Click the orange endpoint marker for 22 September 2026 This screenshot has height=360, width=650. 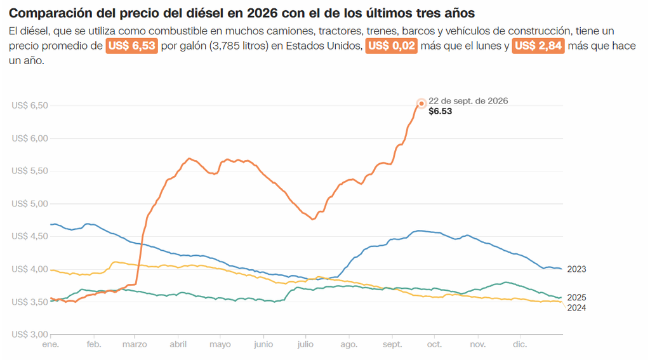coord(421,103)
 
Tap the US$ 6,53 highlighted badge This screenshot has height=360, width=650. coord(132,46)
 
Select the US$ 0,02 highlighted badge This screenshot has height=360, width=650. coord(391,46)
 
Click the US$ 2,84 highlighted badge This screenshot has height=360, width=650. coord(538,46)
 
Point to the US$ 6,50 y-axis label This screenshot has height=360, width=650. coord(30,105)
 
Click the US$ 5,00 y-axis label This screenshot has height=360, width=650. coord(30,204)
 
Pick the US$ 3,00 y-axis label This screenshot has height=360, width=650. coord(30,334)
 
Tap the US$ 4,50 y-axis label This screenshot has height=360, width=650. coord(30,236)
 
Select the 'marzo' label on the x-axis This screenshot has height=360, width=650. coord(135,345)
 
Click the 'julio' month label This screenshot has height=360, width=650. coord(305,345)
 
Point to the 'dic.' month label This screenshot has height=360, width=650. coord(520,345)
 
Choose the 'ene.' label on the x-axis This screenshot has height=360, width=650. coord(51,345)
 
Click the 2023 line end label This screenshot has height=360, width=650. coord(576,269)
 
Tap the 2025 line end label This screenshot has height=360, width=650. coord(576,298)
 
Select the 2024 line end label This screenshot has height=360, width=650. coord(576,308)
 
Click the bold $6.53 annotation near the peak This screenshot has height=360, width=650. coord(441,111)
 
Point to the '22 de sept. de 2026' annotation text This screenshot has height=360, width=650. coord(468,101)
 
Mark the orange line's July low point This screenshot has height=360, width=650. coord(313,219)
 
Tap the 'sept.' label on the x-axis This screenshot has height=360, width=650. coord(392,345)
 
